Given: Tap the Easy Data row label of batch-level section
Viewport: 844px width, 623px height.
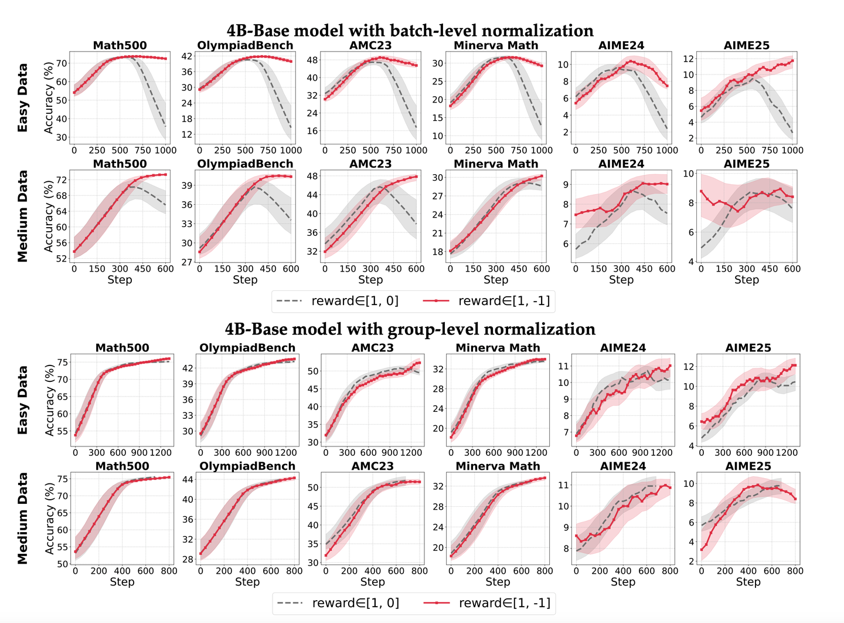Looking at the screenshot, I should click(23, 98).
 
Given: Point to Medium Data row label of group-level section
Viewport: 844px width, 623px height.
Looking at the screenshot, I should click(23, 518).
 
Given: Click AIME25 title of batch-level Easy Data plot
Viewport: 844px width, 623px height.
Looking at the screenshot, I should click(746, 46).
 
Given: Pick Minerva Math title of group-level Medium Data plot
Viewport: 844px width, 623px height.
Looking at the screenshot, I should click(497, 466).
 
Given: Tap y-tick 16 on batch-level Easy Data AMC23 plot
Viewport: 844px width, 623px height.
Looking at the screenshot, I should click(312, 131).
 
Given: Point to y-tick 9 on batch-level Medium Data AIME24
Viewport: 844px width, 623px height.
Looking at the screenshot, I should click(565, 185).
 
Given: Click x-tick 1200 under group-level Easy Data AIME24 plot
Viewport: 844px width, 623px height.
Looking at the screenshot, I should click(661, 453).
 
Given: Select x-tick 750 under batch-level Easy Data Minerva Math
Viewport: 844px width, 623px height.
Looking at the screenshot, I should click(519, 150).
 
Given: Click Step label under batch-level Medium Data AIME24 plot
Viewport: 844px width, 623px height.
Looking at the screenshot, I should click(621, 280).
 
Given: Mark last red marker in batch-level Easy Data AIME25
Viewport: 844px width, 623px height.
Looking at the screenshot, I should click(792, 60).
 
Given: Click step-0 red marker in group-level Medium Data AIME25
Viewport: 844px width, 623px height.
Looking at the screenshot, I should click(702, 549).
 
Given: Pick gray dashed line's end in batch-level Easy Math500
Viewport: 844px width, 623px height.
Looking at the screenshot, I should click(165, 126).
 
